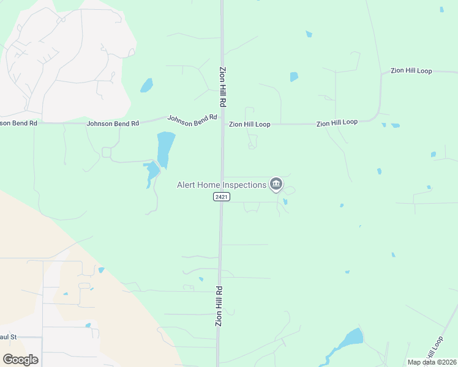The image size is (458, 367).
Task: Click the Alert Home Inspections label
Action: coord(221,185)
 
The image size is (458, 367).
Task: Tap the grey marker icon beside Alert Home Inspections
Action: coord(276,183)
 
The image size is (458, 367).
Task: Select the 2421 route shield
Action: coord(221,197)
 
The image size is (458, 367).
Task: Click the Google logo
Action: coord(20,360)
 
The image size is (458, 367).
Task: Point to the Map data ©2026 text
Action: coord(432,362)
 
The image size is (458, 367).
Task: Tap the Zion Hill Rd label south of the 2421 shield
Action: coord(219,305)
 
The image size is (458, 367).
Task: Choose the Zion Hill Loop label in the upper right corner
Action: coord(411,71)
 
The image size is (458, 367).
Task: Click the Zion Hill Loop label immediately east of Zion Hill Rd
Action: coord(249,124)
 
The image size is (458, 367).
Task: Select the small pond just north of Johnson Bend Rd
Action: coord(146,85)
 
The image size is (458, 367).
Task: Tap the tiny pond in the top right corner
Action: coord(441,9)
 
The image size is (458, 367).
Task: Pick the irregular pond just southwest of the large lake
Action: coord(151,172)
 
